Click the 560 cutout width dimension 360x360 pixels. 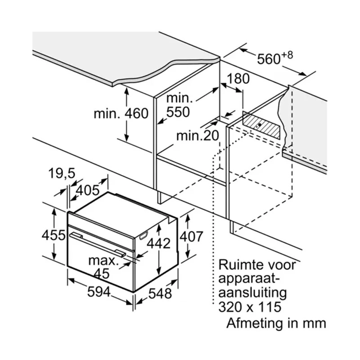[269, 59]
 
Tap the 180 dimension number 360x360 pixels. [238, 78]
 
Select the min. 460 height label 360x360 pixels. [121, 113]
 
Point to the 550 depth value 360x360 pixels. [178, 112]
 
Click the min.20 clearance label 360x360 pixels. [198, 136]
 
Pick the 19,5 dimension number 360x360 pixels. [62, 173]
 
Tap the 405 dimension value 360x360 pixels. [88, 190]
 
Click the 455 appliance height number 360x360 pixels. [54, 235]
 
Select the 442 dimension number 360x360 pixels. [158, 243]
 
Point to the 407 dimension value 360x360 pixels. [191, 237]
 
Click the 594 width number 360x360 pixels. [99, 292]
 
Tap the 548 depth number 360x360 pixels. [160, 293]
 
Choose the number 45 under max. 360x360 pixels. [102, 274]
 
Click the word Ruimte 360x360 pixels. [241, 265]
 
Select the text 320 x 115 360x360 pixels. [250, 307]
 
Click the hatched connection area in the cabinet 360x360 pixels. [261, 126]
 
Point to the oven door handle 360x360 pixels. [98, 244]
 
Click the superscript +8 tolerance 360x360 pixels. [287, 55]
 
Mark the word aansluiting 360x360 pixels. [252, 293]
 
